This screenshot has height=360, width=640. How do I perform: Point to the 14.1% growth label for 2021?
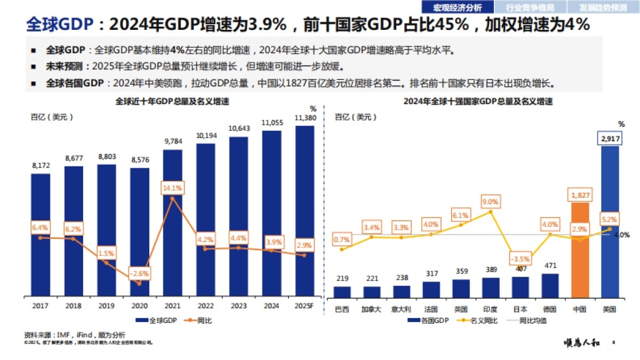click(172, 188)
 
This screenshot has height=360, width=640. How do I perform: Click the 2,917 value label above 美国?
click(610, 139)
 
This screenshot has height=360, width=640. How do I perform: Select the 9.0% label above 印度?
click(490, 202)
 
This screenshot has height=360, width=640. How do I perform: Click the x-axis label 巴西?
click(342, 309)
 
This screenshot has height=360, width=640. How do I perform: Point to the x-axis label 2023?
click(238, 306)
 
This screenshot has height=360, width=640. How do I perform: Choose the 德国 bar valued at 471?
click(550, 285)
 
